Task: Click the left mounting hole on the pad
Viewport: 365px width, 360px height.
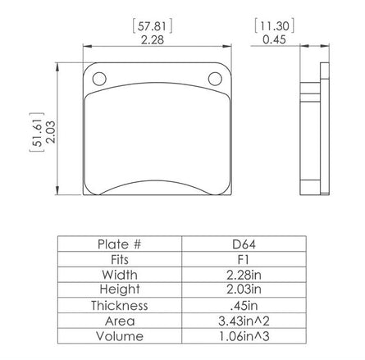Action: click(99, 80)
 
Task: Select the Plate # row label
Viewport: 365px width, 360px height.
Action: click(120, 244)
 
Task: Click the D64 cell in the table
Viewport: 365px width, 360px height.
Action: click(247, 244)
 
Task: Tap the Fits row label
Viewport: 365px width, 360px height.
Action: click(120, 260)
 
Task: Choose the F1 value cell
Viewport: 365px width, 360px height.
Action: click(247, 260)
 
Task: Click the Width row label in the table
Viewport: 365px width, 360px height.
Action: click(120, 275)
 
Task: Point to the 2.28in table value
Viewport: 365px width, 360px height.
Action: click(247, 275)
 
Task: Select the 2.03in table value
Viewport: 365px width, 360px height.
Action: click(247, 290)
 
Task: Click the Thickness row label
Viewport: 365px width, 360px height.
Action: click(120, 306)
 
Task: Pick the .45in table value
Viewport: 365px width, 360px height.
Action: click(247, 306)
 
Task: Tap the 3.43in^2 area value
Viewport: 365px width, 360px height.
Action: click(247, 321)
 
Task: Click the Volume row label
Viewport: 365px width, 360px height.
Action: click(120, 336)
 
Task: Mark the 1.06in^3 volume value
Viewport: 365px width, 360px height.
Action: click(247, 336)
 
